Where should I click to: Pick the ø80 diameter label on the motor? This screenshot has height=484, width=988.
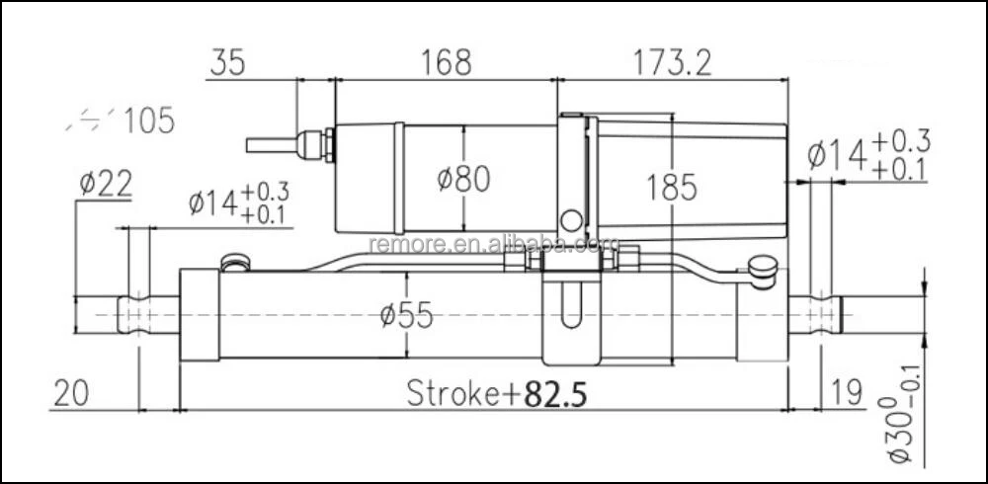click(x=464, y=179)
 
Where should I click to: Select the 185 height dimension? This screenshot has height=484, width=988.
click(x=672, y=186)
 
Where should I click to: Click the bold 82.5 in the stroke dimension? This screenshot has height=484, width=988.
click(x=555, y=395)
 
